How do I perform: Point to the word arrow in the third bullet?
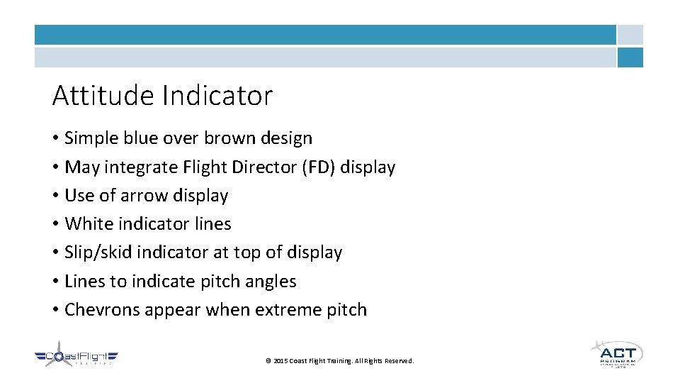tap(147, 196)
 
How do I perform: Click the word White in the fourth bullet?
tap(86, 224)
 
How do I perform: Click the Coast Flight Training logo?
tap(76, 357)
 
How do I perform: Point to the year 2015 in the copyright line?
tap(280, 361)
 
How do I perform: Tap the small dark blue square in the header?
tap(630, 57)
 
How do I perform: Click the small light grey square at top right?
tap(630, 35)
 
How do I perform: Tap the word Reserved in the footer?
tap(398, 361)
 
